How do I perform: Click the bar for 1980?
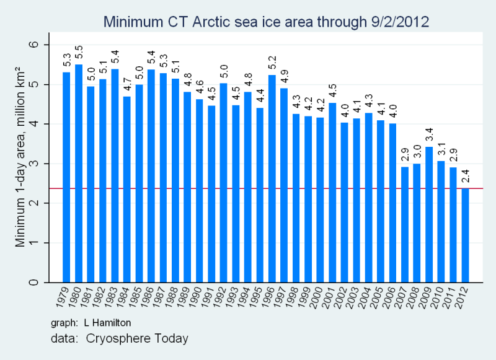[x=79, y=173]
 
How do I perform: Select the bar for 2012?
[x=465, y=235]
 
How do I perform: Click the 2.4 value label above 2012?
[x=465, y=176]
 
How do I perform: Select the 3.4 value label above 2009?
[x=429, y=135]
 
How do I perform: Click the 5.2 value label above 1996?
[x=272, y=63]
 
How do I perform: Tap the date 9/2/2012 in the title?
[x=397, y=22]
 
